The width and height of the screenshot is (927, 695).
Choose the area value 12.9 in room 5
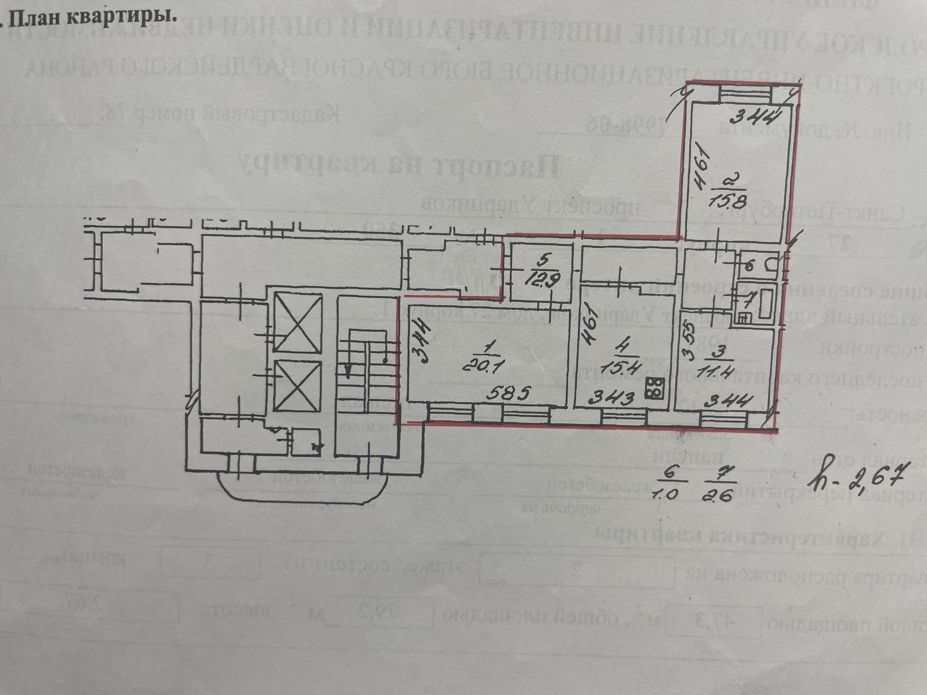click(x=544, y=280)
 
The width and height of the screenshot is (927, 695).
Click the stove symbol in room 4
click(x=654, y=388)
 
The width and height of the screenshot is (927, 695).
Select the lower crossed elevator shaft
click(x=297, y=386)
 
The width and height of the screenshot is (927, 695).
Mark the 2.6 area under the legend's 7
click(x=719, y=495)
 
